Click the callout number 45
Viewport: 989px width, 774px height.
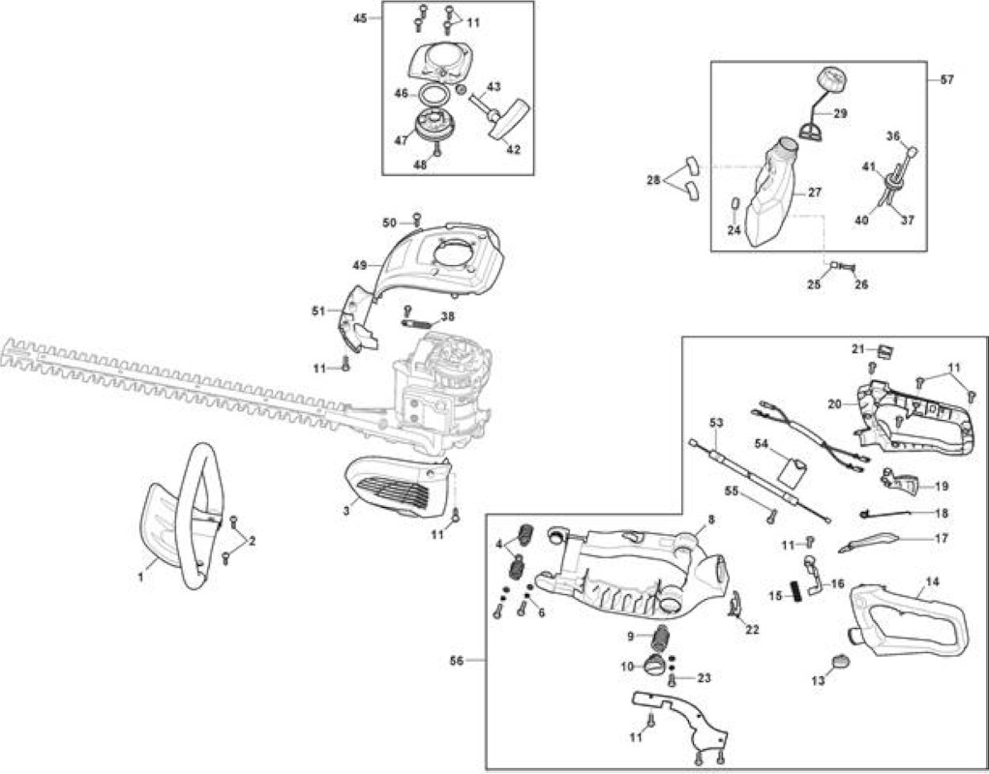(x=360, y=18)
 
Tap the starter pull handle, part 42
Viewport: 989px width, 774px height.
(x=511, y=117)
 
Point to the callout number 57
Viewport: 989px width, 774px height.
(x=946, y=79)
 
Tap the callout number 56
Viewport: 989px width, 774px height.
(x=457, y=661)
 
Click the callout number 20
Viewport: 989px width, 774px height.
(x=834, y=403)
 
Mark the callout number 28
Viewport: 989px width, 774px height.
(x=653, y=180)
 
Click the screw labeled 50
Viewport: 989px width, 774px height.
(x=416, y=219)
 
